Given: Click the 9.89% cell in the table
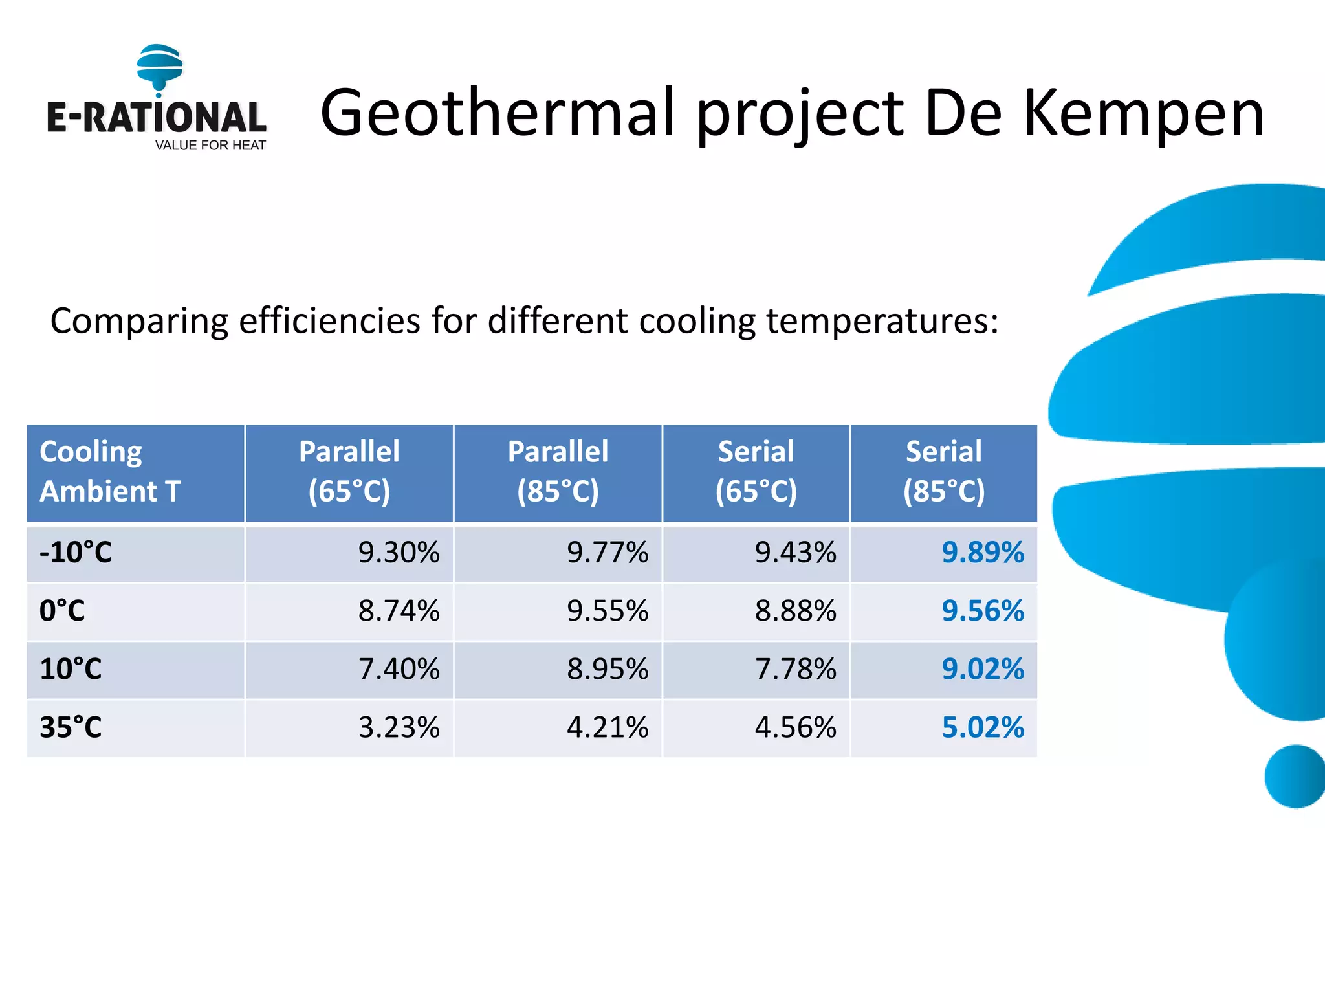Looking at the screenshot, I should (x=982, y=553).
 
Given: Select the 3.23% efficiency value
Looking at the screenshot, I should (x=399, y=727).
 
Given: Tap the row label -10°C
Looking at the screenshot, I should (x=76, y=553).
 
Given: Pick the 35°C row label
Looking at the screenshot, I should (x=71, y=727).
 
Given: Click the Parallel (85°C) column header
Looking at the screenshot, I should (x=558, y=471).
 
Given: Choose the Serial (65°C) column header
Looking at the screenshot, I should (x=756, y=471).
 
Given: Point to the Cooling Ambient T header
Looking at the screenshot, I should (x=110, y=471).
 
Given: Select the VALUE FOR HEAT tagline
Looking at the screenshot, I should (x=210, y=146).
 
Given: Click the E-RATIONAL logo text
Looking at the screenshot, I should (x=156, y=118).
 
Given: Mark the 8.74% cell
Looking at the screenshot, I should (x=399, y=611).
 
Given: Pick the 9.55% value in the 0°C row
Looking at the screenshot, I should (x=607, y=611).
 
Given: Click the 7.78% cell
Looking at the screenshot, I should (x=795, y=669).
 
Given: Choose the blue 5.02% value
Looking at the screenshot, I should (x=982, y=727).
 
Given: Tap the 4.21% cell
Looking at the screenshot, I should (x=607, y=727).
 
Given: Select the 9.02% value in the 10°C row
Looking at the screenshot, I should (x=982, y=669).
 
